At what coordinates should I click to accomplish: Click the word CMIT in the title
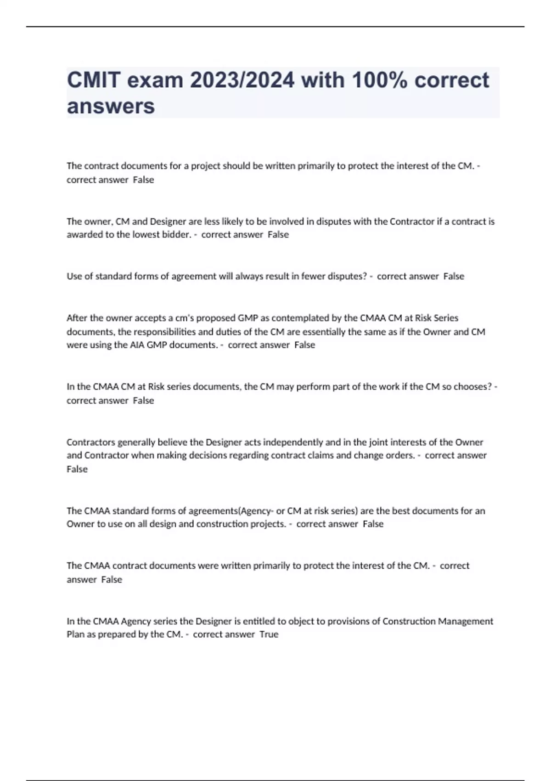[93, 80]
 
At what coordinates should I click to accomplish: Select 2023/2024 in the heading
[242, 80]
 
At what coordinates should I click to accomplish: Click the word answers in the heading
[111, 106]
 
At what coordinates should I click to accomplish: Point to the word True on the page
[269, 634]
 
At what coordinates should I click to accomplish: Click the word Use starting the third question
[74, 277]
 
